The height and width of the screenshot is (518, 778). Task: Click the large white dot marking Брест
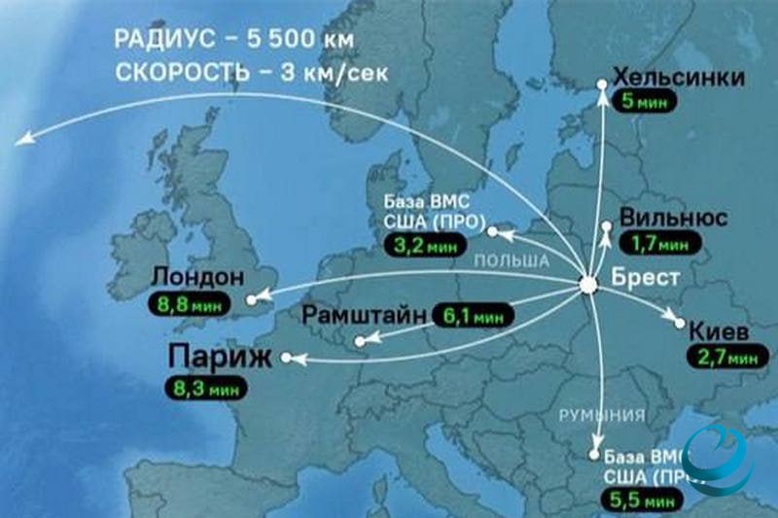(x=588, y=285)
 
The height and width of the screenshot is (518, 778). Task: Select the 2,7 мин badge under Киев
(x=727, y=358)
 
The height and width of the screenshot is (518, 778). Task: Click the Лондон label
(x=198, y=278)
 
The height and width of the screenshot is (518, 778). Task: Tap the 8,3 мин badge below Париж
(x=206, y=386)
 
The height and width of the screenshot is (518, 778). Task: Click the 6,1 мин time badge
(x=474, y=315)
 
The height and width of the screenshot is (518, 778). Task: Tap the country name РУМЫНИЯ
(x=601, y=416)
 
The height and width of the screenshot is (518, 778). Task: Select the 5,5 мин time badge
(x=642, y=502)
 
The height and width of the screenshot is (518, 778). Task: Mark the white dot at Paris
(x=285, y=358)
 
